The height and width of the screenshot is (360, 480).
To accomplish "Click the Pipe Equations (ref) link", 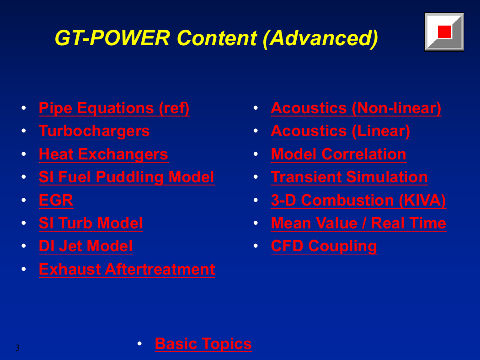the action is pyautogui.click(x=114, y=108).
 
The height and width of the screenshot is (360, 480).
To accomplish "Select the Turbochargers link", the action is pyautogui.click(x=94, y=131).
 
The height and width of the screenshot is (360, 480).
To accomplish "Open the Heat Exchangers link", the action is pyautogui.click(x=103, y=154).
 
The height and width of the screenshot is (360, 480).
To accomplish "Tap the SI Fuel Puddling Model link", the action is pyautogui.click(x=127, y=177).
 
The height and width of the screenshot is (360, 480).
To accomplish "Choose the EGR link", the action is pyautogui.click(x=56, y=201).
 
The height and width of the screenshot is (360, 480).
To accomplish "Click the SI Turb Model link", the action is pyautogui.click(x=91, y=223).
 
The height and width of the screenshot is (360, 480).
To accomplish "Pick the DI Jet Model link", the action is pyautogui.click(x=86, y=246).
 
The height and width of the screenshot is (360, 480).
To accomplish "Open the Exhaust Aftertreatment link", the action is pyautogui.click(x=127, y=270).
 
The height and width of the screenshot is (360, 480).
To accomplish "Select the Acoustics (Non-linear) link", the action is pyautogui.click(x=356, y=108).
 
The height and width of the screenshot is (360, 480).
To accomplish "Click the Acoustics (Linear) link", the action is pyautogui.click(x=341, y=131).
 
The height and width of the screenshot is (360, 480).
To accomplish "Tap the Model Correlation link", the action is pyautogui.click(x=339, y=154).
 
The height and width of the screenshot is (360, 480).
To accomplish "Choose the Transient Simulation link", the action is pyautogui.click(x=349, y=177).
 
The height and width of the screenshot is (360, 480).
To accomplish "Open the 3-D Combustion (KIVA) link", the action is pyautogui.click(x=358, y=201).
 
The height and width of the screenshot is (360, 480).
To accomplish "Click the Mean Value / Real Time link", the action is pyautogui.click(x=358, y=223).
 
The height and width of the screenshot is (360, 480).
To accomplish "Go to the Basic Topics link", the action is pyautogui.click(x=203, y=344).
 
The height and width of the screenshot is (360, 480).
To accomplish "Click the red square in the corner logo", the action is pyautogui.click(x=444, y=32).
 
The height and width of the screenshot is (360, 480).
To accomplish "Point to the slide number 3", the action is pyautogui.click(x=17, y=348).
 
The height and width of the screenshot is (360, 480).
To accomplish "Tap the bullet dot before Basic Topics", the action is pyautogui.click(x=139, y=344).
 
